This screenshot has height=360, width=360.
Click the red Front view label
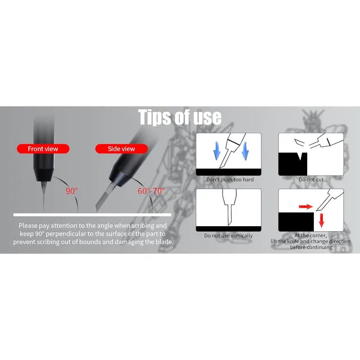point(43,148)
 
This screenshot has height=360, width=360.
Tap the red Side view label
point(121,148)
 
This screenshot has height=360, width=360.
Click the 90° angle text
point(72,191)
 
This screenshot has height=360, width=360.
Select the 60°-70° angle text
point(151,191)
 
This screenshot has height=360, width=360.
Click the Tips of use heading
point(180,117)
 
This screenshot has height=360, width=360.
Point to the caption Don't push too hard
point(230,179)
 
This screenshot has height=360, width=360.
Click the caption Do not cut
point(311,179)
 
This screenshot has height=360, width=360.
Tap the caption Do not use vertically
point(228,236)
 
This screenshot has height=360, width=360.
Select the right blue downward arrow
point(245,151)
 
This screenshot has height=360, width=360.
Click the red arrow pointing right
point(306,206)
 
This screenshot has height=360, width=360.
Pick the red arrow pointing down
point(321,220)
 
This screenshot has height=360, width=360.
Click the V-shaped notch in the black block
point(300,156)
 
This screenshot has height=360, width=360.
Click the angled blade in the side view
point(103,196)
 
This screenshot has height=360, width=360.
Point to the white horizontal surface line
point(92,215)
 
